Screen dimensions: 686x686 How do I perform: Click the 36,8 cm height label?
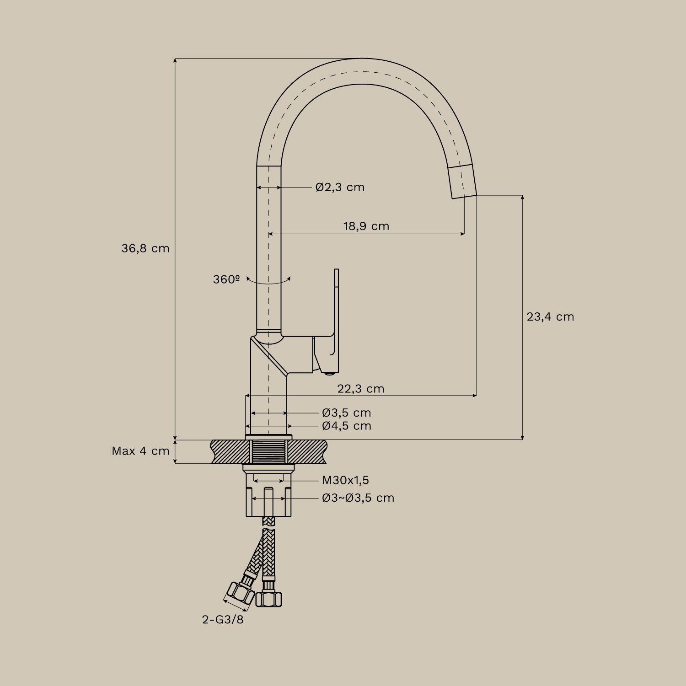point(145,248)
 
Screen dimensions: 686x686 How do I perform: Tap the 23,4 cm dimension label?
point(550,316)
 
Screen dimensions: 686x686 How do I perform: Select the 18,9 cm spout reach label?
point(366,226)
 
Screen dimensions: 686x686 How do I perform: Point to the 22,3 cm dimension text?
point(360,389)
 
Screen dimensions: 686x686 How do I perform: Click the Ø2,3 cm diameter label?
point(340,187)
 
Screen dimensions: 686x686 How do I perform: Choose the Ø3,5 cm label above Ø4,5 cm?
point(346,413)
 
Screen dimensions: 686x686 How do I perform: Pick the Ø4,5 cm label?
point(346,426)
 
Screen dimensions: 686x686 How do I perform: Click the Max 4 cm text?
point(140,451)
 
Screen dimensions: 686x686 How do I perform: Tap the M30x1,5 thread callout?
point(345,480)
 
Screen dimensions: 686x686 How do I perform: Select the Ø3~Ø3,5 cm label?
point(358,498)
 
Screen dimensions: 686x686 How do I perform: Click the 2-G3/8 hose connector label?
point(223,620)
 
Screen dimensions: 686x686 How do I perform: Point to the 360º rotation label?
point(226,279)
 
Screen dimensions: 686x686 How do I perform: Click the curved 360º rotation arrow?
point(268,282)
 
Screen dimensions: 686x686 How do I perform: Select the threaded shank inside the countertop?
point(268,451)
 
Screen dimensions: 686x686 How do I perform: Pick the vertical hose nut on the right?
point(268,597)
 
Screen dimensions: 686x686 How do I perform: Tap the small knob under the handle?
point(327,374)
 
